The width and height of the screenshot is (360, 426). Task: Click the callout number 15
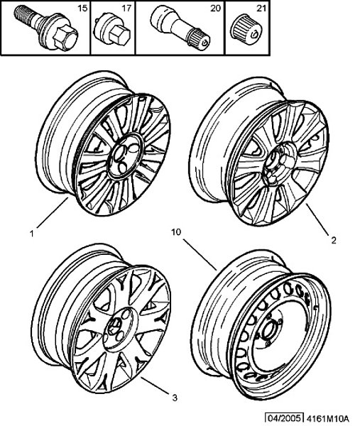(82, 9)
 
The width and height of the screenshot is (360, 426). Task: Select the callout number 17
(126, 9)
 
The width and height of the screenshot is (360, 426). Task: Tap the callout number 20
(215, 9)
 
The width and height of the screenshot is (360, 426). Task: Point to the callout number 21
(261, 9)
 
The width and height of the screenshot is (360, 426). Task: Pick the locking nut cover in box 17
(112, 31)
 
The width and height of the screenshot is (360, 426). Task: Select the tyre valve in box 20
(180, 28)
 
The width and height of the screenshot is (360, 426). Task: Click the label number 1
(32, 234)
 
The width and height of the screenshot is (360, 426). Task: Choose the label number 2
(334, 240)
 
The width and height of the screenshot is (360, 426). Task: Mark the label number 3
(175, 398)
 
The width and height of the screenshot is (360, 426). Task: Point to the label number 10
(176, 232)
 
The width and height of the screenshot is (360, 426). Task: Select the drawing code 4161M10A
(327, 417)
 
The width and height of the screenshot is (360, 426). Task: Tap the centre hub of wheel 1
(126, 155)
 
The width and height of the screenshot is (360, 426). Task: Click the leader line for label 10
(200, 255)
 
